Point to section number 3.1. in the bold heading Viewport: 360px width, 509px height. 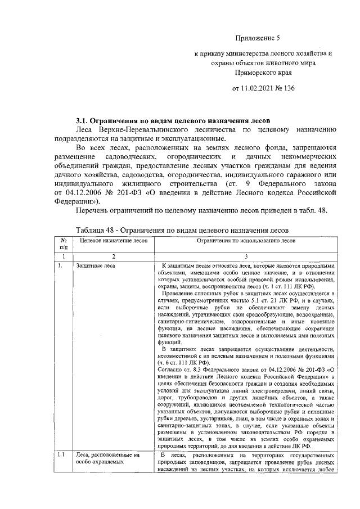click(x=84, y=120)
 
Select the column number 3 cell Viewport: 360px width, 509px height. click(x=245, y=256)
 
